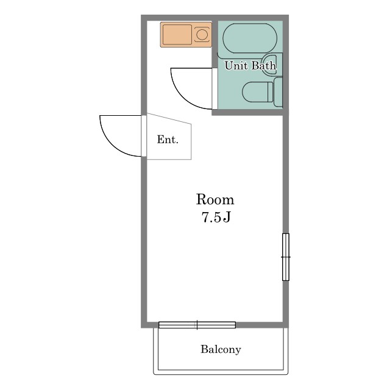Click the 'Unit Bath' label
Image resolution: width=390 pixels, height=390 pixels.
(250, 65)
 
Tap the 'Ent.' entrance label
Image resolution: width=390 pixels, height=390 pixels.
(168, 140)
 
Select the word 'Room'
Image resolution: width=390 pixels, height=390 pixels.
(215, 199)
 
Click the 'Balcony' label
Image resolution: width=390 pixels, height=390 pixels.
(221, 349)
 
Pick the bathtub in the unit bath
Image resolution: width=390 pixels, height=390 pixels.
(250, 38)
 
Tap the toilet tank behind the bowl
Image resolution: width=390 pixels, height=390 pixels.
(278, 92)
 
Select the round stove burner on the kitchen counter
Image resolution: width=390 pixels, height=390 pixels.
(202, 35)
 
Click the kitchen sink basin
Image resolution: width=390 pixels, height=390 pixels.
(177, 35)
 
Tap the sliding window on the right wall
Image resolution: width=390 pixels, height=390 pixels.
(286, 257)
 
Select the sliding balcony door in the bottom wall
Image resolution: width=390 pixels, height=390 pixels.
(197, 325)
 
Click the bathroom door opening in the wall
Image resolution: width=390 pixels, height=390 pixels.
(214, 88)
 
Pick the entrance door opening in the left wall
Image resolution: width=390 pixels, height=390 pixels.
(144, 136)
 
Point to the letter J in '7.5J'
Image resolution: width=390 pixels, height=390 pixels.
(227, 218)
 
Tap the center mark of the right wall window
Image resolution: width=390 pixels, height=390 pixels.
(286, 257)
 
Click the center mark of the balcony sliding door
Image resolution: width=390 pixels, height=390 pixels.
(197, 325)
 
